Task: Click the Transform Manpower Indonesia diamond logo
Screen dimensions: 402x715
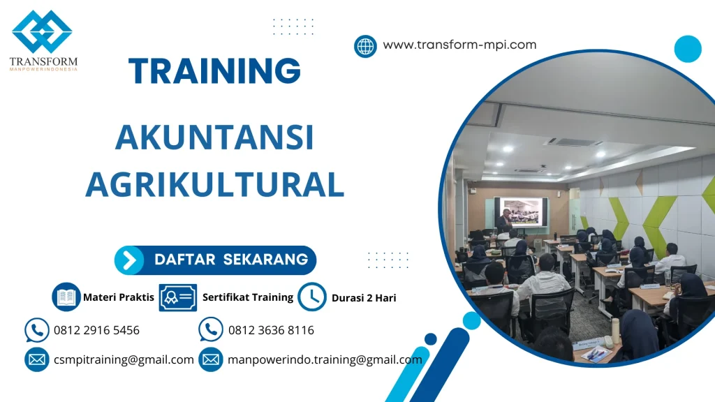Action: pyautogui.click(x=42, y=32)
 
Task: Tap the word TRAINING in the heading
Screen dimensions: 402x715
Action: pyautogui.click(x=215, y=71)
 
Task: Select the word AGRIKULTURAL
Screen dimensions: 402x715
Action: pyautogui.click(x=214, y=183)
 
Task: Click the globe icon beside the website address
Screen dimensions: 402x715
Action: pyautogui.click(x=365, y=46)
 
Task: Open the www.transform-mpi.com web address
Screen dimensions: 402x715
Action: pyautogui.click(x=459, y=45)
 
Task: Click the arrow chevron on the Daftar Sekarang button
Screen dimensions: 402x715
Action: pyautogui.click(x=129, y=260)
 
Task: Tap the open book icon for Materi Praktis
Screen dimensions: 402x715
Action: pyautogui.click(x=66, y=297)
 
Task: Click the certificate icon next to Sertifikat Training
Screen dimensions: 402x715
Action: pyautogui.click(x=177, y=297)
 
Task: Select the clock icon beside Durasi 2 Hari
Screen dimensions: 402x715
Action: pyautogui.click(x=312, y=297)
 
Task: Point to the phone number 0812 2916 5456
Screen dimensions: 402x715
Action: pyautogui.click(x=96, y=330)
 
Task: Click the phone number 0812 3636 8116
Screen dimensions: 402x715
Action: pyautogui.click(x=271, y=330)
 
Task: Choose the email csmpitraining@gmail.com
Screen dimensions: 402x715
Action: pyautogui.click(x=124, y=360)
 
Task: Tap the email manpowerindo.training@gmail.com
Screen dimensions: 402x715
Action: pyautogui.click(x=325, y=360)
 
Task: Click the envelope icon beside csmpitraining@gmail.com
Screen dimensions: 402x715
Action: pyautogui.click(x=36, y=360)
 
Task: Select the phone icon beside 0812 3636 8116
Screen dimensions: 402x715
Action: pyautogui.click(x=211, y=329)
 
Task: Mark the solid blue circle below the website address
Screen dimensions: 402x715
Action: pyautogui.click(x=688, y=49)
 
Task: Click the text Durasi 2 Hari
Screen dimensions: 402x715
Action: pyautogui.click(x=364, y=298)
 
